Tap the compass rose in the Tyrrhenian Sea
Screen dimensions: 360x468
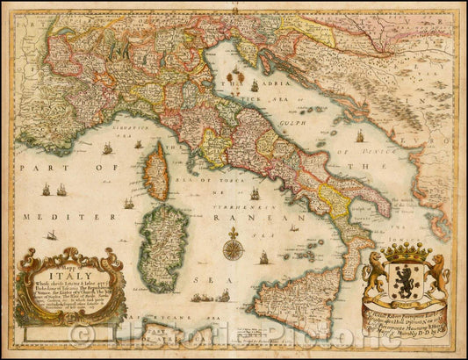[233, 249]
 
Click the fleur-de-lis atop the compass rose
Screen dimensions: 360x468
[233, 233]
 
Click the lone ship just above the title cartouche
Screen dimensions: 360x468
[52, 235]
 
